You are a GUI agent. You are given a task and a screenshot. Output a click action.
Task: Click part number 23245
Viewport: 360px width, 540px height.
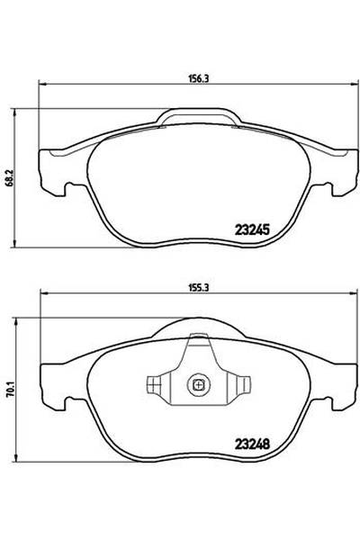click(252, 229)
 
